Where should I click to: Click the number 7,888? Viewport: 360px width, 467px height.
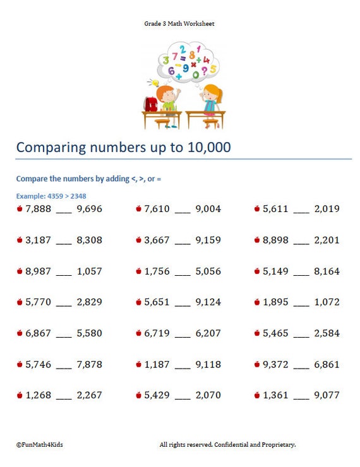38,209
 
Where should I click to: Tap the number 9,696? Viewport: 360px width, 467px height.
90,209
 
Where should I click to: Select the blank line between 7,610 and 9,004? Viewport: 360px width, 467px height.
183,213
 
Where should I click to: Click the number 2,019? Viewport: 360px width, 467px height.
327,209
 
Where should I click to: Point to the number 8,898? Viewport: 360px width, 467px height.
275,240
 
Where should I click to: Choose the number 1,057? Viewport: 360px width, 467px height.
90,271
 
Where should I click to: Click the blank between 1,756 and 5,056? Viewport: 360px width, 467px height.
183,275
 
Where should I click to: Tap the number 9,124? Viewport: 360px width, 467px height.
208,302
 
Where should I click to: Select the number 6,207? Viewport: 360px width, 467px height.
208,333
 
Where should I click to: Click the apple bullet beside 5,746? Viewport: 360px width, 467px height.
20,364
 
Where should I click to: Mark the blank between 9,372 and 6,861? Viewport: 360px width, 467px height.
301,369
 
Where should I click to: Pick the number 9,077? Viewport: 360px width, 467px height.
327,395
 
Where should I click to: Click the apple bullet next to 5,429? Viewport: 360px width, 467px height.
138,395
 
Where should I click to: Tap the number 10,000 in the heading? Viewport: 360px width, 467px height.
209,147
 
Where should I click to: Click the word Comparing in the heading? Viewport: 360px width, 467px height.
51,148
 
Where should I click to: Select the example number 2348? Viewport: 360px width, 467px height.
78,196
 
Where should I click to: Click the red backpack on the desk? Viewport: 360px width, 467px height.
151,104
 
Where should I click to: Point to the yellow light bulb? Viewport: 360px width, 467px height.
155,83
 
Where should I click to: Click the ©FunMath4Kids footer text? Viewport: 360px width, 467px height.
40,445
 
